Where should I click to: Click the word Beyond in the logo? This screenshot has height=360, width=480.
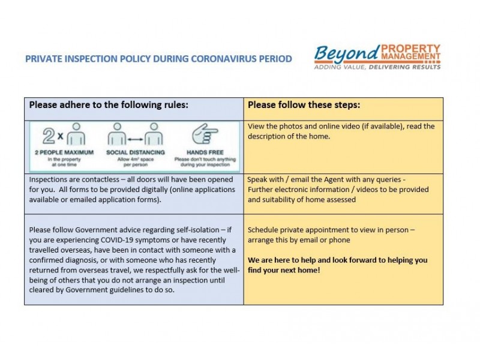[347, 53]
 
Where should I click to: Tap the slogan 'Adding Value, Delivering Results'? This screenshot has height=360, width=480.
[377, 67]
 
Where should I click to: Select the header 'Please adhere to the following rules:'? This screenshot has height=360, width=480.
[109, 104]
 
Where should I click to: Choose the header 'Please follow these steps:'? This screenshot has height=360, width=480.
[304, 104]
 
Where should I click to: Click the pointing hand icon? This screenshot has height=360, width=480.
[205, 134]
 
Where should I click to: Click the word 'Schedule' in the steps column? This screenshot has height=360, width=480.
[265, 230]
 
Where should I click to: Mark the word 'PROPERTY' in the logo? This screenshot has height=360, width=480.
[411, 48]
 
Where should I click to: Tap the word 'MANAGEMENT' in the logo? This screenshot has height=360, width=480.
[411, 58]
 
